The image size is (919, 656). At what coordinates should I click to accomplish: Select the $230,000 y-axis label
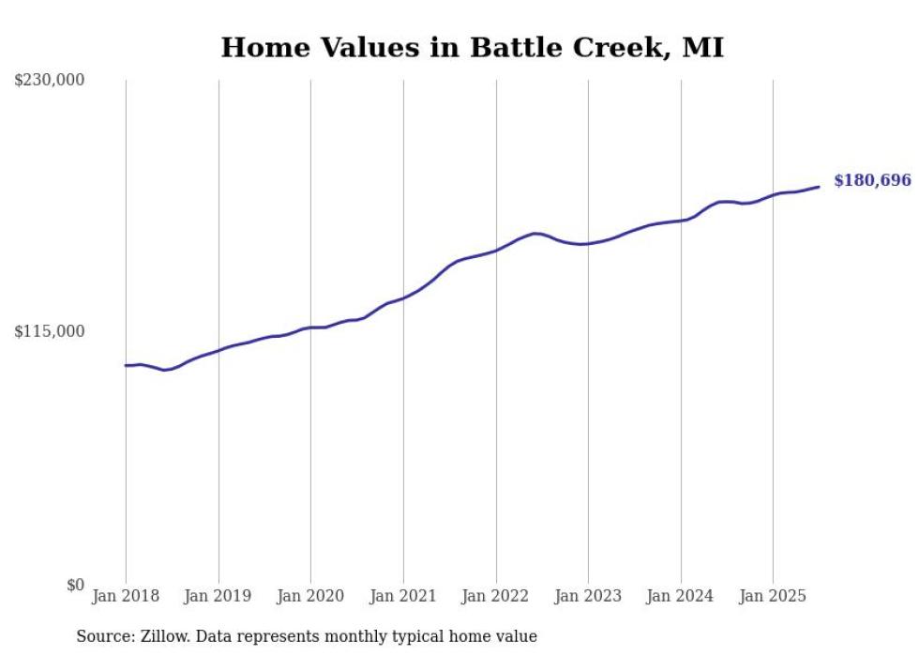click(50, 81)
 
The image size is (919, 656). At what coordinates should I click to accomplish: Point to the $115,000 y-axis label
click(50, 331)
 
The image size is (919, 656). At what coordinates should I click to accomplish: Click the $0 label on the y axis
click(75, 585)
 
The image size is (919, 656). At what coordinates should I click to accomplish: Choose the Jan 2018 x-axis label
click(126, 596)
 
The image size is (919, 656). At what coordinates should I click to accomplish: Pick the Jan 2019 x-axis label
click(218, 596)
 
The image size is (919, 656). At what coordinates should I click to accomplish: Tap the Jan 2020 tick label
click(310, 596)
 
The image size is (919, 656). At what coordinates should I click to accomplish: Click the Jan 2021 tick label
click(403, 596)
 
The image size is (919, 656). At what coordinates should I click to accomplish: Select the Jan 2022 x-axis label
click(496, 596)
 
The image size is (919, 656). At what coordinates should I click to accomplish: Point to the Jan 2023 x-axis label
click(588, 596)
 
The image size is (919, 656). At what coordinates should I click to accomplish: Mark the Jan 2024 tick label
click(681, 596)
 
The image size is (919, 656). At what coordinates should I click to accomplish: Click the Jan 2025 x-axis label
click(773, 596)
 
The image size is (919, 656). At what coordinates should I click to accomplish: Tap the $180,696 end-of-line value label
click(872, 180)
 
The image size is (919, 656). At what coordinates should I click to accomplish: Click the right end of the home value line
click(819, 187)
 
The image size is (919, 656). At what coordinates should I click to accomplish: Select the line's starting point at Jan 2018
click(126, 365)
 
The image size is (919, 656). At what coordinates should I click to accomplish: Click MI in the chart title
click(702, 48)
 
